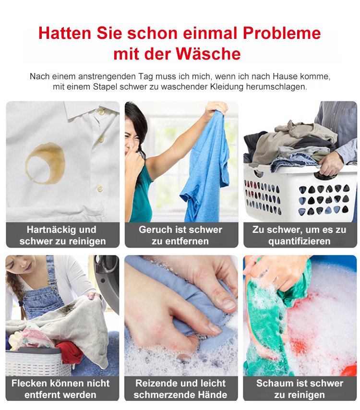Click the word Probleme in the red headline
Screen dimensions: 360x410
point(282,34)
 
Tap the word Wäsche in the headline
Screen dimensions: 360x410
point(208,54)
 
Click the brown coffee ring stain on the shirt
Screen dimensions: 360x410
point(45,163)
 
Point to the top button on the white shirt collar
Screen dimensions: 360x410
point(101,112)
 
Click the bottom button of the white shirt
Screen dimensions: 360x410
point(99,189)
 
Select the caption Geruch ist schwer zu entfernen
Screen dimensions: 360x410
point(180,235)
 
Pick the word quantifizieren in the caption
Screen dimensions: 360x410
point(300,241)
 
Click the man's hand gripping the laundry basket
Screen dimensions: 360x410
point(330,163)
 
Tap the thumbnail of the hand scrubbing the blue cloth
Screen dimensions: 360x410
point(181,315)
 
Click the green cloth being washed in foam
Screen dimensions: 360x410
point(269,322)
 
